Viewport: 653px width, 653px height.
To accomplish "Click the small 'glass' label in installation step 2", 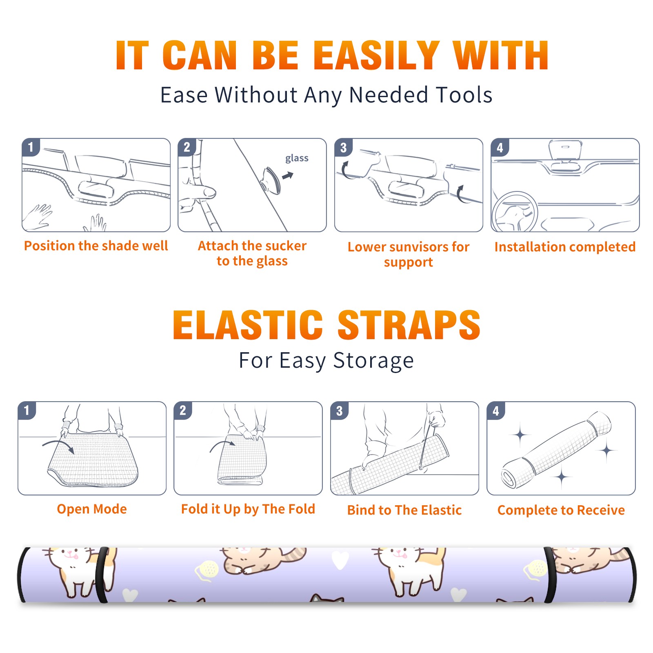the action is pyautogui.click(x=297, y=158).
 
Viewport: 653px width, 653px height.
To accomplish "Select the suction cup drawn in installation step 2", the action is pyautogui.click(x=271, y=180).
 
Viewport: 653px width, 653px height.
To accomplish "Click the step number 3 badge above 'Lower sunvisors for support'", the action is pyautogui.click(x=343, y=147).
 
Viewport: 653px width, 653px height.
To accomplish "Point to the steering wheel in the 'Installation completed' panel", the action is pyautogui.click(x=514, y=213).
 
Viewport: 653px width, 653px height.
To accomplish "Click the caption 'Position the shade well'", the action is pyautogui.click(x=96, y=246).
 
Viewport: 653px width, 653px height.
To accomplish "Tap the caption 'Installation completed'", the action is pyautogui.click(x=565, y=247).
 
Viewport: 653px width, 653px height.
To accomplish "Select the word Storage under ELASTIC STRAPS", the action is pyautogui.click(x=373, y=360).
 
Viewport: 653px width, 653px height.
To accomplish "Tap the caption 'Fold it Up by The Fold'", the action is pyautogui.click(x=248, y=509).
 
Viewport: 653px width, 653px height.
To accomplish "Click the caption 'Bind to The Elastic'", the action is pyautogui.click(x=404, y=510).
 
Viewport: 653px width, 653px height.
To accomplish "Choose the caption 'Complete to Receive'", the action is pyautogui.click(x=561, y=510).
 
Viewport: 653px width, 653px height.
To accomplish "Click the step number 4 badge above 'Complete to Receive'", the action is pyautogui.click(x=495, y=411).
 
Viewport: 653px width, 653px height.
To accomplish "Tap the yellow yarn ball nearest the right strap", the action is pyautogui.click(x=535, y=569).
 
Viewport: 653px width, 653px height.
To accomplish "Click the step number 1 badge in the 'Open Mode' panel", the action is pyautogui.click(x=27, y=411).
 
